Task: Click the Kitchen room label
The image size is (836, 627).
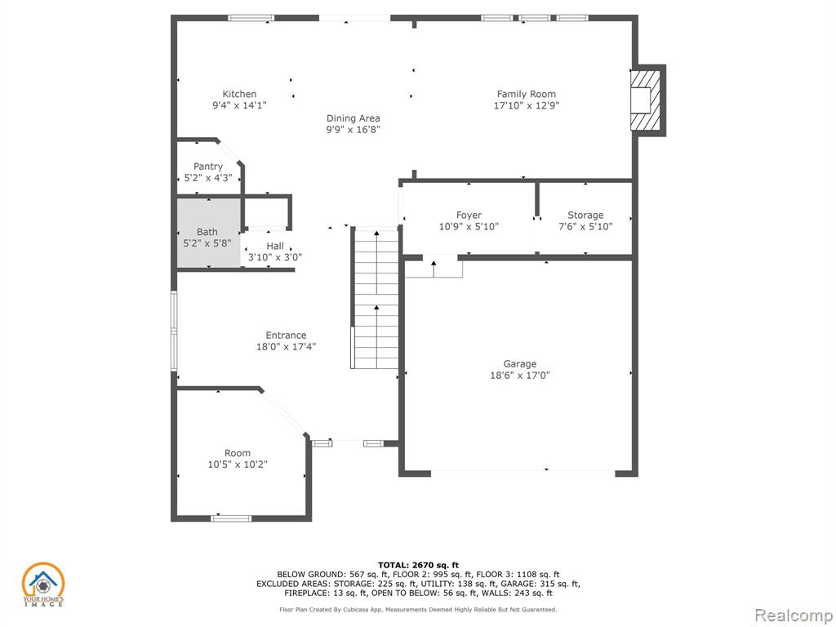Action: [x=239, y=94]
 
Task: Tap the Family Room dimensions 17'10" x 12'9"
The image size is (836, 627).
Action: [x=527, y=105]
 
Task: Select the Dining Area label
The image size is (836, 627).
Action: [x=353, y=118]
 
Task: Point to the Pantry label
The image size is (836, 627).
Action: [x=208, y=167]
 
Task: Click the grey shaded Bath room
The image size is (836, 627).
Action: [x=208, y=233]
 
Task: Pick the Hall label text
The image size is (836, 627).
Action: [x=275, y=246]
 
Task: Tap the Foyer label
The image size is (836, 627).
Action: [x=469, y=215]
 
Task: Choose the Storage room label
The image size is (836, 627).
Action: [x=585, y=215]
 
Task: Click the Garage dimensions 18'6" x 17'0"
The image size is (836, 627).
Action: [x=520, y=376]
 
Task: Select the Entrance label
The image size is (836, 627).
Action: [x=286, y=336]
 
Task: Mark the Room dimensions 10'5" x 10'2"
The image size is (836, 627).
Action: [x=238, y=465]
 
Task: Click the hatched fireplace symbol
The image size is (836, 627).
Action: [x=647, y=100]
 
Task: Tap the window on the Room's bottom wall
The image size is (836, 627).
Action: [x=231, y=518]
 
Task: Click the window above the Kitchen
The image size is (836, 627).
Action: [x=251, y=18]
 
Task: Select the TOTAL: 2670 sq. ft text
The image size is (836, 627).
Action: [x=418, y=565]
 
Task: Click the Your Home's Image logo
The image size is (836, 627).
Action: [x=42, y=585]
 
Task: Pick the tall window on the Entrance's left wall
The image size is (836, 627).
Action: [x=174, y=331]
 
